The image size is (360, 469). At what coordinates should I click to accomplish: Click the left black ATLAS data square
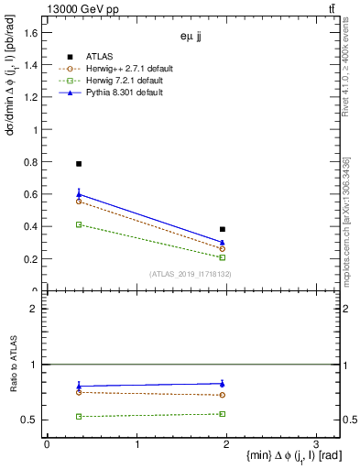[x=79, y=164]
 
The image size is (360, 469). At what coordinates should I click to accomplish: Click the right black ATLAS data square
[x=223, y=229]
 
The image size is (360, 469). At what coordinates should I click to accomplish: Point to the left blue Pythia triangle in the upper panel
[x=79, y=194]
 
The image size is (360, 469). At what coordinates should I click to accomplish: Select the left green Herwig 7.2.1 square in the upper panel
[x=79, y=224]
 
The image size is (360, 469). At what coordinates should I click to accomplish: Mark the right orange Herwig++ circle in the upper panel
[x=223, y=248]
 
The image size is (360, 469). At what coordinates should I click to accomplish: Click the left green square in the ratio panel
[x=79, y=417]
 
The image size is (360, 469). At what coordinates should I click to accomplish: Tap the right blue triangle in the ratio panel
[x=223, y=384]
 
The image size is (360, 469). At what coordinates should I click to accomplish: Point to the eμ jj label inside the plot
[x=191, y=38]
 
